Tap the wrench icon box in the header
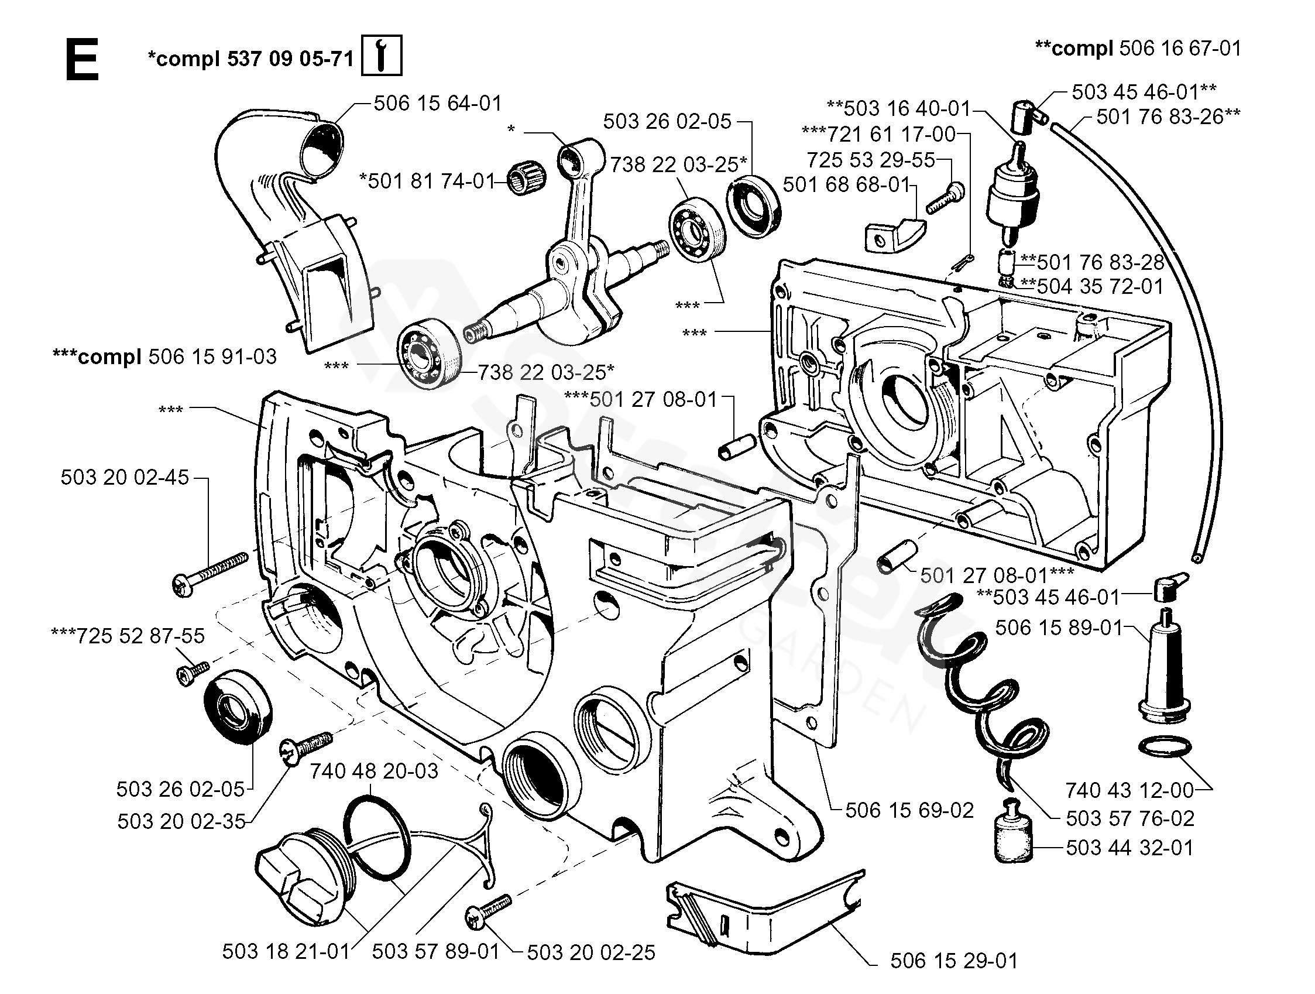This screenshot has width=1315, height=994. coord(382,55)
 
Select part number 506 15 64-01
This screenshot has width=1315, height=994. coord(438,104)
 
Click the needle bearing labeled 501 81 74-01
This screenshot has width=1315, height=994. coord(523,179)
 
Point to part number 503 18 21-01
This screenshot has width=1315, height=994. coord(286,951)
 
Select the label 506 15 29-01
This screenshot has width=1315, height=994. coord(953,961)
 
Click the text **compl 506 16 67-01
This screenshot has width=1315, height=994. coord(1138,48)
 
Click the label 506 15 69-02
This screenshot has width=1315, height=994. coord(909,810)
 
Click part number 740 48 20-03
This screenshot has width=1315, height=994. coord(374,771)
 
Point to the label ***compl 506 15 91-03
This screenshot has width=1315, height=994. coord(164,357)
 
